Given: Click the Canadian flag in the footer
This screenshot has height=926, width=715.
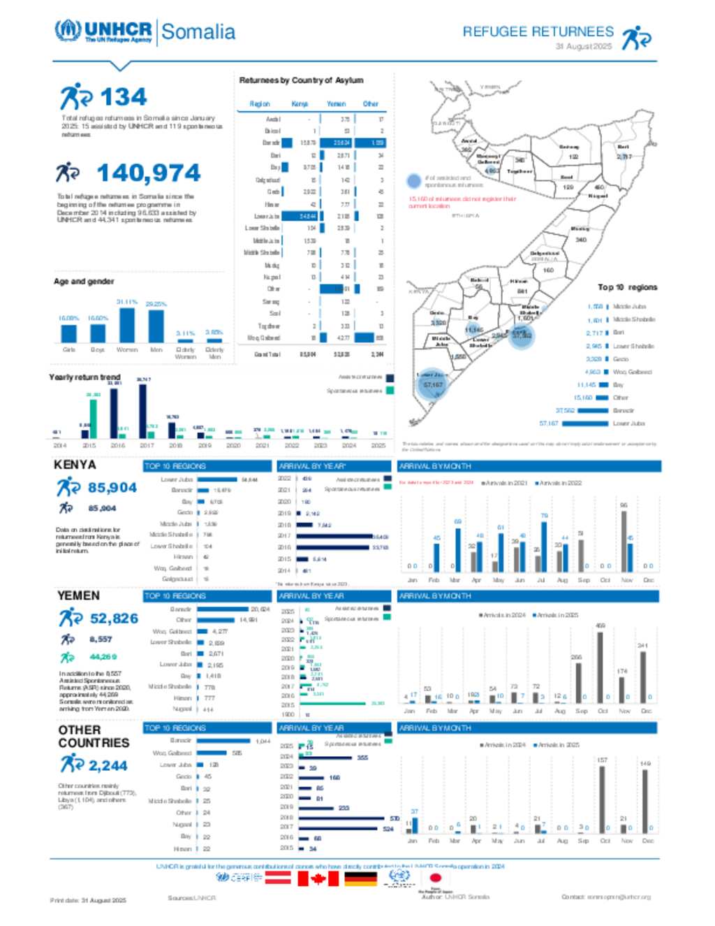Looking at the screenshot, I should click(x=318, y=878).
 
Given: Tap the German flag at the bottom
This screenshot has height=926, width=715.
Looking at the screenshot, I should click(x=360, y=878).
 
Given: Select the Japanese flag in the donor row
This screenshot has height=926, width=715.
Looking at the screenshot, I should click(x=435, y=878).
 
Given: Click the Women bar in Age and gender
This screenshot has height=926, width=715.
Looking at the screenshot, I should click(x=127, y=324).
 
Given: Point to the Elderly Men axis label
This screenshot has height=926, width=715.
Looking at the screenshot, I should click(x=214, y=353).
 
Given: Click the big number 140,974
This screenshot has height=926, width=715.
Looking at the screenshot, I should click(x=148, y=173).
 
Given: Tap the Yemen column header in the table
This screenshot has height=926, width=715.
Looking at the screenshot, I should click(x=336, y=104).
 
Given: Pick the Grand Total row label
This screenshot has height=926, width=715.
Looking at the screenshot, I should click(x=267, y=354).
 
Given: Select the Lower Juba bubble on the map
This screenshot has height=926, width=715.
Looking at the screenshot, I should click(x=433, y=384).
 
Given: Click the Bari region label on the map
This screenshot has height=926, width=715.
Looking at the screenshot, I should click(x=623, y=147).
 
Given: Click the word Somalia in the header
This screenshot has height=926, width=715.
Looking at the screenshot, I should click(x=198, y=32).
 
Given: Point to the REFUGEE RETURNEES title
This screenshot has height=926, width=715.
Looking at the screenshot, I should click(x=538, y=31).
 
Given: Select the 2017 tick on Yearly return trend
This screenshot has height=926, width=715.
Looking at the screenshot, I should click(x=147, y=445).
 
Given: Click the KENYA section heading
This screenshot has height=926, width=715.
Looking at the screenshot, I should click(x=75, y=465).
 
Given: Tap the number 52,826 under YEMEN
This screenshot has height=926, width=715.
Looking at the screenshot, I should click(x=114, y=618).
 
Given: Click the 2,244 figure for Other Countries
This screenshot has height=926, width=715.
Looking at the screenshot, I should click(x=108, y=765).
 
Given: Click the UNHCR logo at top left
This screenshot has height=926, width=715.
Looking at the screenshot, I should click(x=103, y=31).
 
